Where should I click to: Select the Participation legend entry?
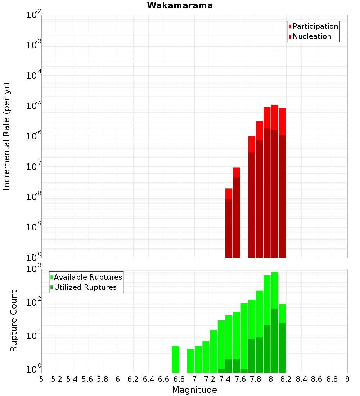pos(315,26)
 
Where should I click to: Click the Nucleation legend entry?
pos(312,36)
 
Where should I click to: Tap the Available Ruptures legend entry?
pos(88,277)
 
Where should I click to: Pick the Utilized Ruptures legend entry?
pos(85,287)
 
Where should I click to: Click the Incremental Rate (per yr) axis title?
pos(7,136)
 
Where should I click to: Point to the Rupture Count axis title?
pos(14,320)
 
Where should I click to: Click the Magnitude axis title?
pos(194,390)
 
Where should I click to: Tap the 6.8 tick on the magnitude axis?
pos(179,379)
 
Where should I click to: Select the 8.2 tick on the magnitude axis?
pos(286,379)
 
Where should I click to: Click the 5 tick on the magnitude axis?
pos(41,379)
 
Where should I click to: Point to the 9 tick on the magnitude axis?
pos(347,379)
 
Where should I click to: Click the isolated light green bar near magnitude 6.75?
pos(175,359)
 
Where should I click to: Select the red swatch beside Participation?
pos(290,26)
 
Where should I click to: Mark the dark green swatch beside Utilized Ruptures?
pos(52,287)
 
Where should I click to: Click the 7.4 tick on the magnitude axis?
pos(225,379)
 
